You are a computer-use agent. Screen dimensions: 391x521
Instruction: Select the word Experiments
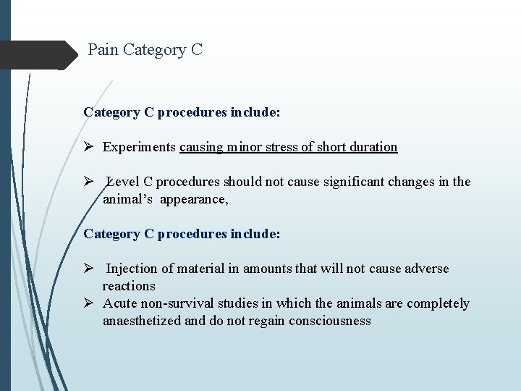tap(139, 147)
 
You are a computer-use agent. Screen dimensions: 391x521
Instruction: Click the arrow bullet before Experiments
tap(89, 147)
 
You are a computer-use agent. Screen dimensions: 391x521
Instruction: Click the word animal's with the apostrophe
tap(128, 199)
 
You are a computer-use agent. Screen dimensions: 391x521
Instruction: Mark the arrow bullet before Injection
tap(89, 269)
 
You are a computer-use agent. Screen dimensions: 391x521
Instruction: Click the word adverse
tap(425, 269)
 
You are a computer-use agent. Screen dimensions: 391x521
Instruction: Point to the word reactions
tap(129, 286)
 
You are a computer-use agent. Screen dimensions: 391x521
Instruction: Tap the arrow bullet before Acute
tap(89, 303)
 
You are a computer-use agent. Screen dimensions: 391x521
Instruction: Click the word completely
tap(438, 303)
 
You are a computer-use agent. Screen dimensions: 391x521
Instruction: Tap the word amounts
tap(267, 269)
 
